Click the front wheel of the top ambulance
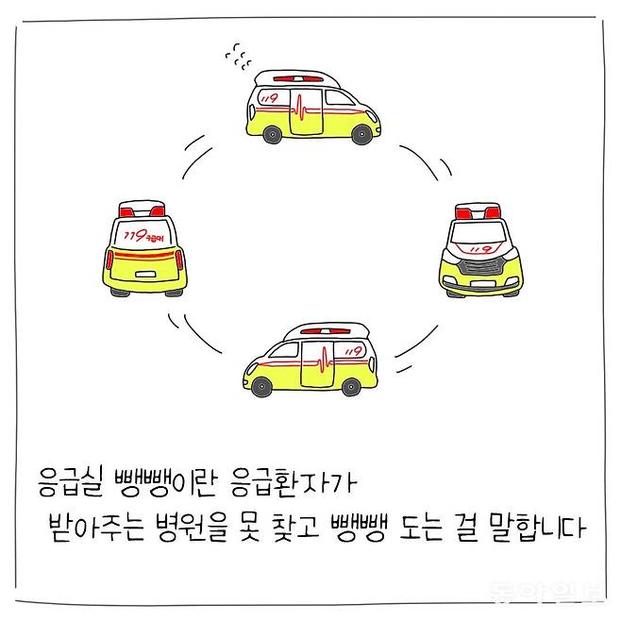[x=361, y=135]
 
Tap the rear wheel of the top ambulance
[x=273, y=134]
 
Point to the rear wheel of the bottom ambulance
[x=350, y=385]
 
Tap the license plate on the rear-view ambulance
[x=145, y=273]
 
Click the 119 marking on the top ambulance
[x=271, y=97]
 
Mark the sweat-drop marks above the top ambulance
[x=238, y=57]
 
